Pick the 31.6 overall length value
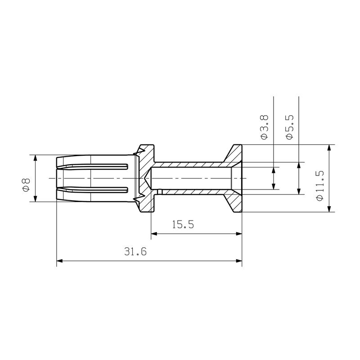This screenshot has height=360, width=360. (x=135, y=252)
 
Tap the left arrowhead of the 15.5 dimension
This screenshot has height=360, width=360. (x=154, y=234)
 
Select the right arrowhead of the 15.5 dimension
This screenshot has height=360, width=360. (x=238, y=234)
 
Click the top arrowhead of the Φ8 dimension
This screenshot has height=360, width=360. (x=35, y=158)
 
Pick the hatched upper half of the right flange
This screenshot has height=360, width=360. (x=234, y=156)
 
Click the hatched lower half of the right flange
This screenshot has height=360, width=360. (x=234, y=202)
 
